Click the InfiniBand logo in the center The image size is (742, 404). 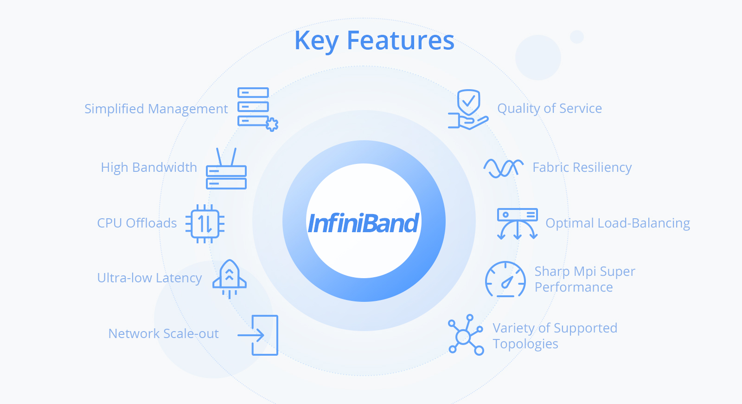[364, 223]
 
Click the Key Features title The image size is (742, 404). [374, 41]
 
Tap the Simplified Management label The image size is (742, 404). [156, 109]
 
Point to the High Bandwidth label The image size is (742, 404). [149, 168]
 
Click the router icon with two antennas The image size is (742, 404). [226, 169]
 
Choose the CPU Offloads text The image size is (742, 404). [137, 223]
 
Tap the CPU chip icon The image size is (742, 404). [205, 223]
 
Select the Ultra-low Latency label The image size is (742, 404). [149, 278]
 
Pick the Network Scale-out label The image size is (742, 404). [163, 334]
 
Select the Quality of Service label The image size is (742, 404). [550, 109]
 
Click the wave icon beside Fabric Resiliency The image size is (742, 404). [504, 168]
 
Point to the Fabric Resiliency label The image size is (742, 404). [582, 168]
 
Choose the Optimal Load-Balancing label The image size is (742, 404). [618, 223]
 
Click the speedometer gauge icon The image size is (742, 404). [505, 279]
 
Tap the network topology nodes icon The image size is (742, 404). [466, 335]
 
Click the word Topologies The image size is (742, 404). [525, 344]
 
